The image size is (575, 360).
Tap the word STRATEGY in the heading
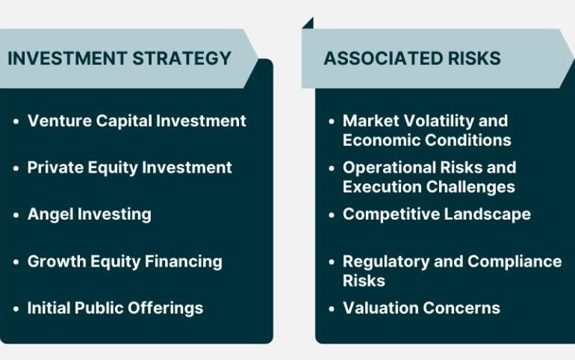pos(181,58)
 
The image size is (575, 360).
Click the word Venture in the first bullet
pos(60,120)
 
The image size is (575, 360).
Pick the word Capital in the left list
pos(124,121)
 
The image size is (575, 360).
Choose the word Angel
pos(50,215)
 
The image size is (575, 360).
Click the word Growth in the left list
pos(57,261)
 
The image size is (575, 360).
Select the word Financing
pos(184,262)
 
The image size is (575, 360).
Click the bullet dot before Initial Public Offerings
pos(16,309)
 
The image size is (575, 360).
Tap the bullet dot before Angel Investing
pos(16,215)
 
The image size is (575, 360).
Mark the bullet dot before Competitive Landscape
pos(332,215)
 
